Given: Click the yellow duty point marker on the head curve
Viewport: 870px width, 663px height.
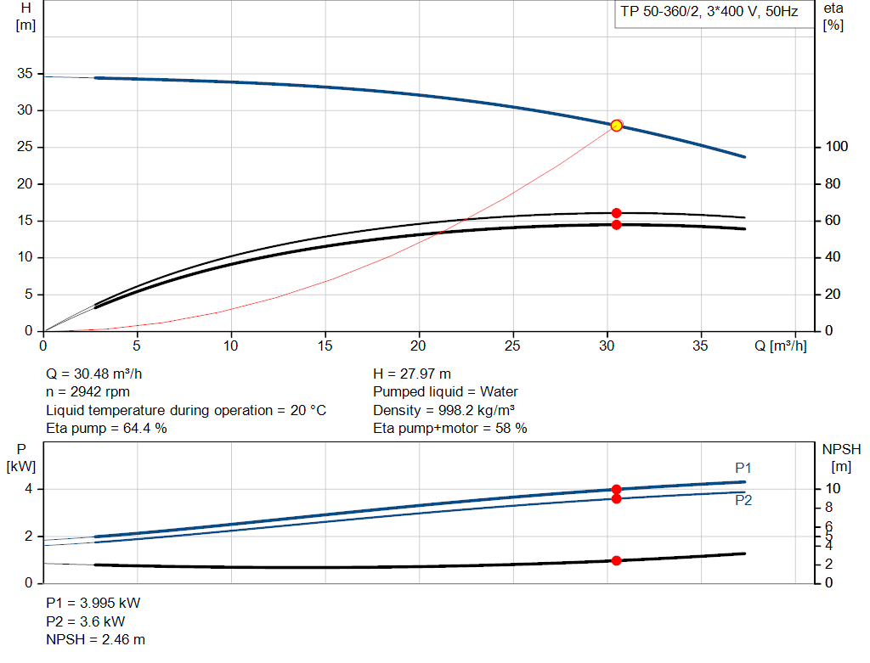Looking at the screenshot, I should coord(617,126).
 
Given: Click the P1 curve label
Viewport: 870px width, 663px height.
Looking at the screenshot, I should coord(743,468).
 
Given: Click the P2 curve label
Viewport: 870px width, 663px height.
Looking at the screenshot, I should coord(743,500).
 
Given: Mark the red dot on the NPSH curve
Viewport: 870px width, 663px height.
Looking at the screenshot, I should coord(616,560).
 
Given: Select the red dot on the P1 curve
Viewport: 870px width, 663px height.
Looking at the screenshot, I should coord(616,489).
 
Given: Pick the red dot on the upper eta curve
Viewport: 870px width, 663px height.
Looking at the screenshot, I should coord(616,213).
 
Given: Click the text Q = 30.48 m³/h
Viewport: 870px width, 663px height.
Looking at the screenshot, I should coord(100,374).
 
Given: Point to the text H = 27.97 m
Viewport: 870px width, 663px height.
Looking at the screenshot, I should coord(412,374).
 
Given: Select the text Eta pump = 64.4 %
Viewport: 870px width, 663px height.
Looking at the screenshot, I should coord(106,429).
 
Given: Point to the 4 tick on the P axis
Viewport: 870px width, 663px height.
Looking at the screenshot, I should coord(28,489).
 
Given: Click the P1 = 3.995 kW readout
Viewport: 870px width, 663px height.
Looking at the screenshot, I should coord(93,603).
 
